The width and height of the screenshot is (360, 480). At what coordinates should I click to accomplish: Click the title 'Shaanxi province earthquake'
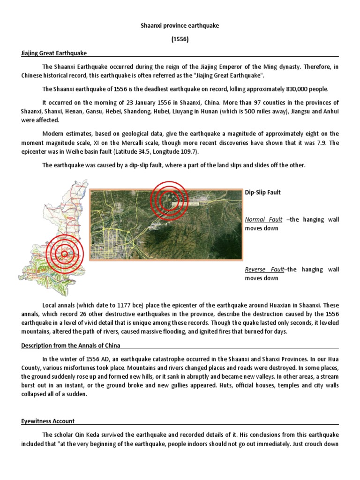(x=180, y=26)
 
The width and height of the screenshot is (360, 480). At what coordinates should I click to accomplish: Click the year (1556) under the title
(x=180, y=40)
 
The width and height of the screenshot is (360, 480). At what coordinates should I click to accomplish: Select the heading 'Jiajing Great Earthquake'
(x=50, y=54)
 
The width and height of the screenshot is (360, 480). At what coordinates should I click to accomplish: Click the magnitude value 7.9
(x=320, y=143)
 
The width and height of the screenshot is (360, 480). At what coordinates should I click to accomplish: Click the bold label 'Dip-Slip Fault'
(x=263, y=193)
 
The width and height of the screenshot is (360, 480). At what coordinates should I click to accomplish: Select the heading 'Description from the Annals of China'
(x=71, y=345)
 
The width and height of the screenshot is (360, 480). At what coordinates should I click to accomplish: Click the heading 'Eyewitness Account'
(x=48, y=421)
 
